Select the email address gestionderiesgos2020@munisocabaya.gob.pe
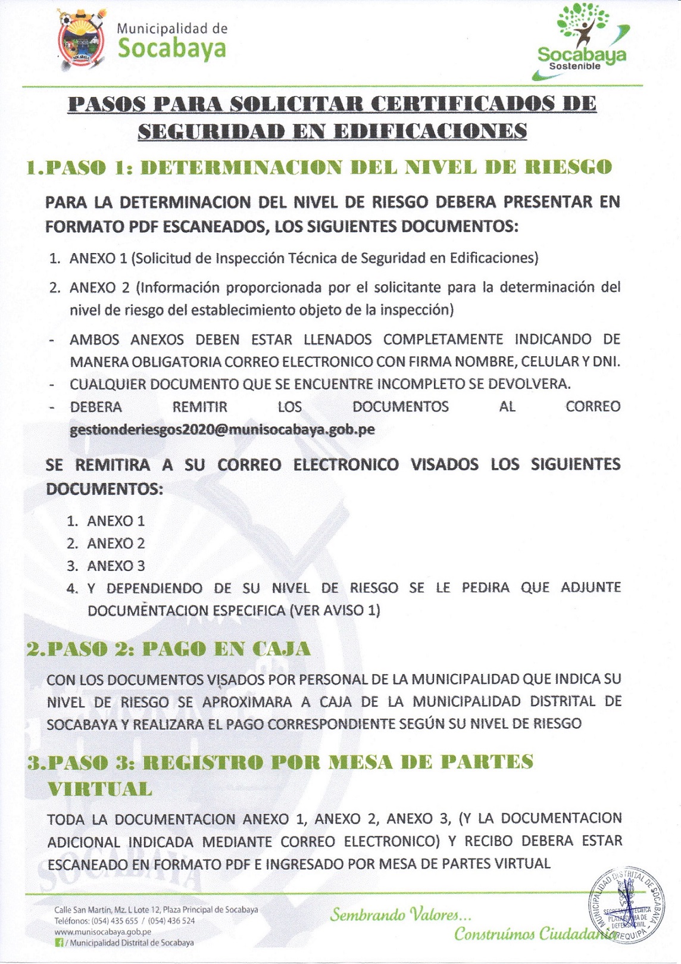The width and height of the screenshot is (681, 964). (222, 429)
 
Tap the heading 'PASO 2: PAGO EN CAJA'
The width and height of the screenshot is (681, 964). (168, 648)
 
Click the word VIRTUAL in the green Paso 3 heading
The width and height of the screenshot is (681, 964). (100, 789)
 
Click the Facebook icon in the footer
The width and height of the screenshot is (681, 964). (59, 943)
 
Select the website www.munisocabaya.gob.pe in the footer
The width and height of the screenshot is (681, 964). (102, 932)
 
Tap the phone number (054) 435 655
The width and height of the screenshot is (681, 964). (115, 921)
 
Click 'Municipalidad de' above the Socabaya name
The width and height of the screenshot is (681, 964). (172, 28)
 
